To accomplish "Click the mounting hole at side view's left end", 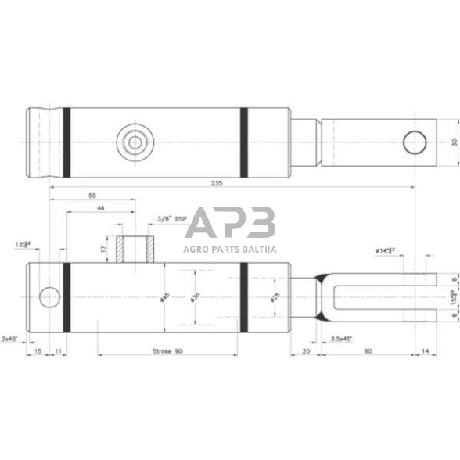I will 49,297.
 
